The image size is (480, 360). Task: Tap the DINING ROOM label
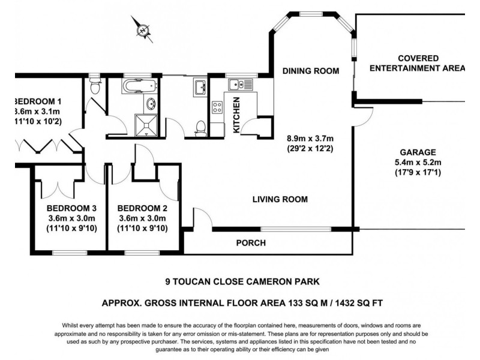click(311, 71)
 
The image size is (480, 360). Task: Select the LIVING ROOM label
click(280, 199)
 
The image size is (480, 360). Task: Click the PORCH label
click(251, 243)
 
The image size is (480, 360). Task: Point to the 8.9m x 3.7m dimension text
click(311, 137)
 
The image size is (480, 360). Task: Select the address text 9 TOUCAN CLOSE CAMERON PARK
click(242, 280)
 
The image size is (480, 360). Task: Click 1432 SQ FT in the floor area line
click(369, 303)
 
